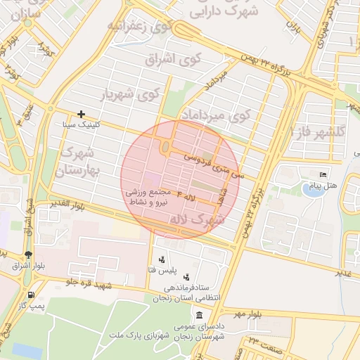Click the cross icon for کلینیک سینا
click(82, 114)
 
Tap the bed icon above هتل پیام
click(323, 174)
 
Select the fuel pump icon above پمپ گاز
click(30, 295)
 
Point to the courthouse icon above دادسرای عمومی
click(200, 314)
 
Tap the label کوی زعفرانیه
click(140, 26)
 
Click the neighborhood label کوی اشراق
click(173, 59)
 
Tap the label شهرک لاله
click(198, 220)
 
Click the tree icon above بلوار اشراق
click(27, 255)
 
